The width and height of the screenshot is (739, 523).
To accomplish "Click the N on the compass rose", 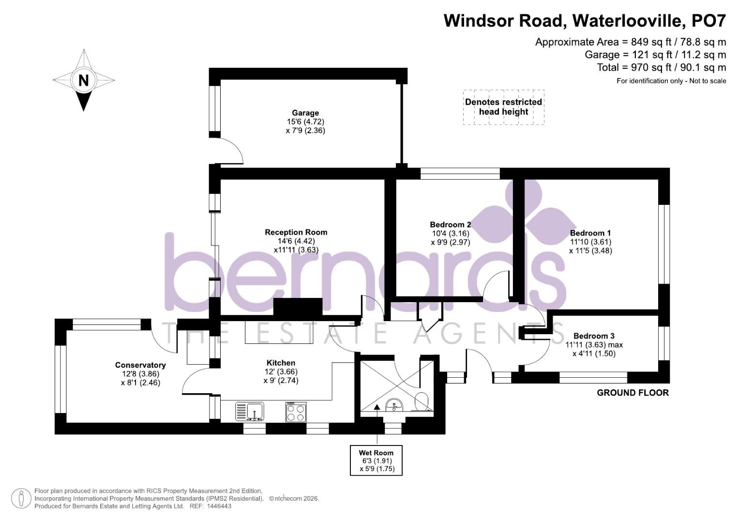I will pos(84,80).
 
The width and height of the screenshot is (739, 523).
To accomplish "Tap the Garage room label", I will pos(305,113).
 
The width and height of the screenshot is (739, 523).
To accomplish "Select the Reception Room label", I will pos(296,232).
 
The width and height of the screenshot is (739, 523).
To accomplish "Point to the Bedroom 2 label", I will pos(450,225).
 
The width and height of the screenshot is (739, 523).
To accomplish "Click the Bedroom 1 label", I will pos(590,233).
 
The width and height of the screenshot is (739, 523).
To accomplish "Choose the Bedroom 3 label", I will pos(593,336).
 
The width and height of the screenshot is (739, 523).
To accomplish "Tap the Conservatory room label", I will pos(140,365).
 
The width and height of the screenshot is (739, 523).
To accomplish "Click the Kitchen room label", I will pos(281,363).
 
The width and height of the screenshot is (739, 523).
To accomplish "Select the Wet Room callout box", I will pos(376,461).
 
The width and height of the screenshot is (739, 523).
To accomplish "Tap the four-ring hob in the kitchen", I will pos(296,412).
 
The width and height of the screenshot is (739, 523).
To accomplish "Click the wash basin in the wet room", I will pos(394,405).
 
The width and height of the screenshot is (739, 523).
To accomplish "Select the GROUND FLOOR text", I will pos(633,393).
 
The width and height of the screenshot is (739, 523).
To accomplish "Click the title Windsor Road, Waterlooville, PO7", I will pos(585,21).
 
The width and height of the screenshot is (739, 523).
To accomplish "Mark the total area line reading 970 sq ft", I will pos(661,67).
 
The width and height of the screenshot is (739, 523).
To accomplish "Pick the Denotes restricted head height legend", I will pos(503,107).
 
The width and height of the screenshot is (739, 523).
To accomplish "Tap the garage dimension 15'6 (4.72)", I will pos(305,122).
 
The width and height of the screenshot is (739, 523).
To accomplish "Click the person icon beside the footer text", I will pos(21,498).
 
